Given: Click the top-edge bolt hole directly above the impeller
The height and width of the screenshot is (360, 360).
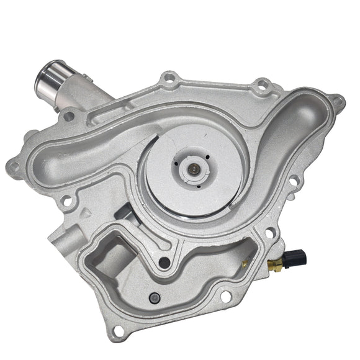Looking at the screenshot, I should click(169, 79).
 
